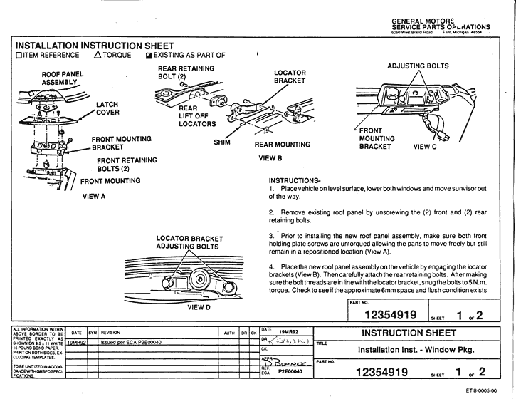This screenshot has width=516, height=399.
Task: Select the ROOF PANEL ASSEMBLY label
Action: coord(63,78)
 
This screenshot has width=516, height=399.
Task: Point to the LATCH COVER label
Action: coord(108,108)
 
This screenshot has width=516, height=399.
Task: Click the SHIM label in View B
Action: coord(222,142)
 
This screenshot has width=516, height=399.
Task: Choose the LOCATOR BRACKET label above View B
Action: coord(290,77)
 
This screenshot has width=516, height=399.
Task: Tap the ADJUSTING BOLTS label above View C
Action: coord(418,66)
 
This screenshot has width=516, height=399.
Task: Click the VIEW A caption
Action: coord(94,196)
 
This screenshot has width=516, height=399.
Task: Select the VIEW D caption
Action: coord(199,308)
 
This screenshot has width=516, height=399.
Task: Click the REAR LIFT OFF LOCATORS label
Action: coord(197,116)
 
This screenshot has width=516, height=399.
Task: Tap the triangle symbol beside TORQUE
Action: coord(98,55)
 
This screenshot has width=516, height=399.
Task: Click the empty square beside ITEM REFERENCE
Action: coord(19,55)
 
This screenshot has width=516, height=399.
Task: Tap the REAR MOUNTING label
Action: coord(282,145)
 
